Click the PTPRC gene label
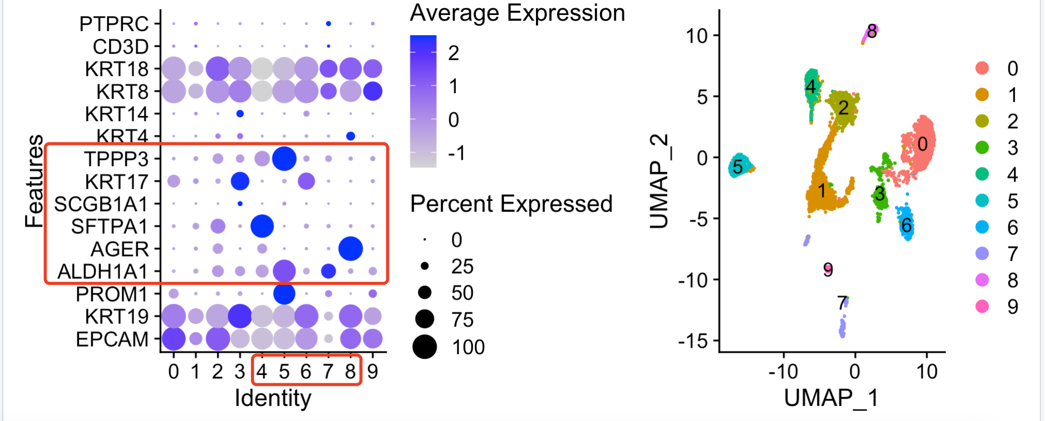point(114,24)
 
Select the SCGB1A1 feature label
point(101,204)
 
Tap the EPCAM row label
point(112,339)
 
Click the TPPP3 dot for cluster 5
point(284,158)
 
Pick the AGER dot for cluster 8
point(350,249)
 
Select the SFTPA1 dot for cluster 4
point(262,226)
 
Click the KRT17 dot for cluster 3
point(240,181)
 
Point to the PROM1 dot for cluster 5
point(284,294)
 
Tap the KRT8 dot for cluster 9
point(372,91)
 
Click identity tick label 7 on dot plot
point(328,371)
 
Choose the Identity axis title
point(273,398)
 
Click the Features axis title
point(35,181)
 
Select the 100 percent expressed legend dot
point(425,347)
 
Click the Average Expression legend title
point(517,13)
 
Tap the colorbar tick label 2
point(454,53)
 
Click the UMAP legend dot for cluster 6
point(982,227)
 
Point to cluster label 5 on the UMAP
point(738,167)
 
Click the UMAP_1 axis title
point(831,398)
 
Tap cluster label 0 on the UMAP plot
point(922,144)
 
